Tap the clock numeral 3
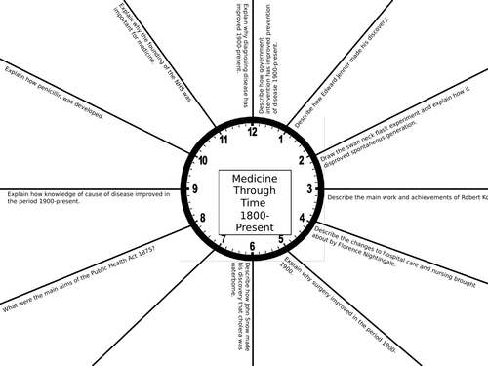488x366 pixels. pos(309,188)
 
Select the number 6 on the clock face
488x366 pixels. pos(253,246)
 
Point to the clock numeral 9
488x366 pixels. pos(196,188)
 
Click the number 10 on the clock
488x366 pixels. pos(203,160)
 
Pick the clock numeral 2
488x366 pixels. pos(302,159)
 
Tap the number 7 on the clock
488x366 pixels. pos(224,239)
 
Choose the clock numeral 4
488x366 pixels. pos(303,217)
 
